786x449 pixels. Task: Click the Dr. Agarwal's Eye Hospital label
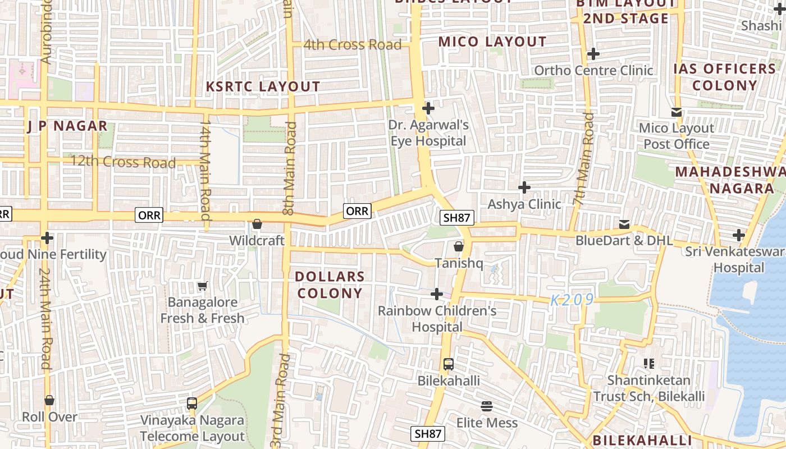428,133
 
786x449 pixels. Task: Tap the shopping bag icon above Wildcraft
257,224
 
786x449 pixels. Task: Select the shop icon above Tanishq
459,246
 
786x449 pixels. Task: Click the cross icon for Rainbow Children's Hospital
437,294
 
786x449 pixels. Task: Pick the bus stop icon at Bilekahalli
448,364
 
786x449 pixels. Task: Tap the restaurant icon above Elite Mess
487,406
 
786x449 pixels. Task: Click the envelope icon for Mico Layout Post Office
677,112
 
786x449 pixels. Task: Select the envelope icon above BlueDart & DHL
624,224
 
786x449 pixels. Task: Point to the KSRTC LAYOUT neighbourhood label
263,87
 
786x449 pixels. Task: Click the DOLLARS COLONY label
330,285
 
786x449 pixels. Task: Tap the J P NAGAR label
67,126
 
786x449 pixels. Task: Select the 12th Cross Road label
123,163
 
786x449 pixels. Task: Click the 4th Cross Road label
352,45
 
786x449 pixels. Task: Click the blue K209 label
572,300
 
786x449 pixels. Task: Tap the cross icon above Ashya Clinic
524,187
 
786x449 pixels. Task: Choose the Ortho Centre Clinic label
593,71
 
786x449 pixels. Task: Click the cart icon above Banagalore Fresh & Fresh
203,286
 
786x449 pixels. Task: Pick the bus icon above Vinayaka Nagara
192,404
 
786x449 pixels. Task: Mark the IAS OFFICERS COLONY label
724,77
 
